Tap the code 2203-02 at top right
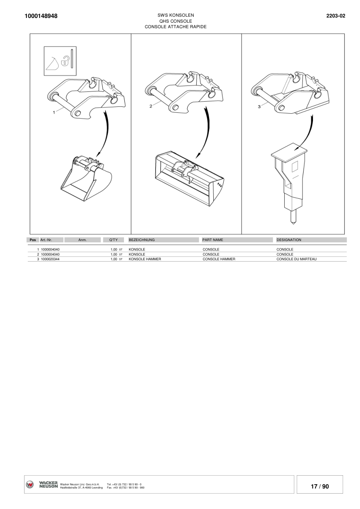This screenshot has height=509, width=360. tap(336, 16)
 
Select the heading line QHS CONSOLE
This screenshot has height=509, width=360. tap(175, 21)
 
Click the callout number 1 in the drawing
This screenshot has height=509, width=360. tap(54, 112)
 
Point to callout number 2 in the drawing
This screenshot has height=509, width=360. tap(151, 106)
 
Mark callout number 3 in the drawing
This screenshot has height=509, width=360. tap(259, 106)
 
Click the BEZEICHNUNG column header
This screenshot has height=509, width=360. tap(142, 240)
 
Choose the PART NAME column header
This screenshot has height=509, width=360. tap(212, 240)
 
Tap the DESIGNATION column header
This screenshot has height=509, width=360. tap(289, 240)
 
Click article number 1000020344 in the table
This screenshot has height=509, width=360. tap(50, 259)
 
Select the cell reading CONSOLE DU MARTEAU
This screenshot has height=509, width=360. tap(296, 259)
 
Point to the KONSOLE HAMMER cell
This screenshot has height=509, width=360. tap(145, 259)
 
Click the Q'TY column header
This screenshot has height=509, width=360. tap(113, 240)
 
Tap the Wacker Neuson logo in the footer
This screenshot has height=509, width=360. tap(42, 485)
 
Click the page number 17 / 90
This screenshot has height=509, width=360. tap(320, 486)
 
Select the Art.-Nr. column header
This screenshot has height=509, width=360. tap(46, 240)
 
